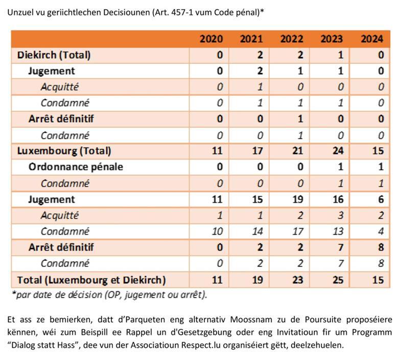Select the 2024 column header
coord(372,39)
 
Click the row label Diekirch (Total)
coord(54,55)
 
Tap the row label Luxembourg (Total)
coord(64,151)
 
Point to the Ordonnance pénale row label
coord(76,167)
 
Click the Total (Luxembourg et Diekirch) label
coord(91,280)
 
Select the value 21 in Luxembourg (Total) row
coord(297,151)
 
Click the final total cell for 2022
coord(297,280)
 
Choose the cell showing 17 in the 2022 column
coord(297,231)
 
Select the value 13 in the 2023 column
coord(338,231)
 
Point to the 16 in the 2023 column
coord(338,199)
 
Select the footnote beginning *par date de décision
coord(109,295)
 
